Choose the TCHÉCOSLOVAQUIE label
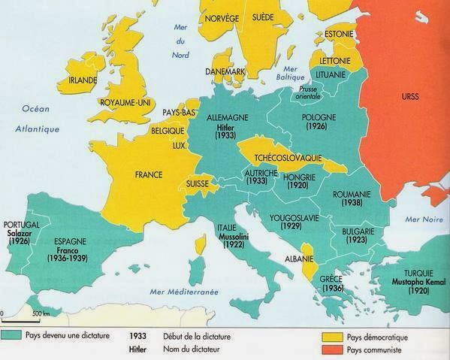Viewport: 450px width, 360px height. [285, 159]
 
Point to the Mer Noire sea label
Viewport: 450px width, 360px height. [421, 219]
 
